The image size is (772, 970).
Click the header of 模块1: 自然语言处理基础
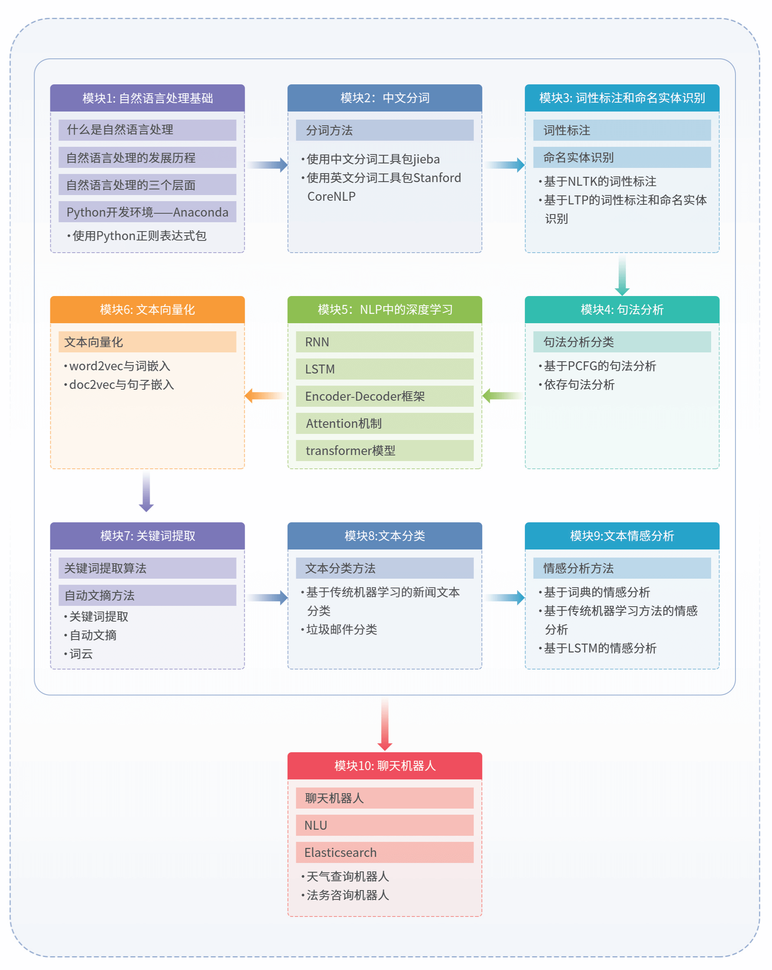[147, 98]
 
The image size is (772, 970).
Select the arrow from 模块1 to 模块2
[267, 165]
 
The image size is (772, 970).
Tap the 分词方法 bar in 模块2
[385, 131]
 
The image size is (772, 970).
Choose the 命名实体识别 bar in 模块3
[621, 157]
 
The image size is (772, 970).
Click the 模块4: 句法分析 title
[621, 309]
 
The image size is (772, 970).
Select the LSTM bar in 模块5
[385, 369]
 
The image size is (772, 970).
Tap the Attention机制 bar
[385, 423]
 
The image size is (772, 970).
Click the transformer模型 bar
[385, 451]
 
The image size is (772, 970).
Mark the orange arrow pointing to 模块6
[265, 396]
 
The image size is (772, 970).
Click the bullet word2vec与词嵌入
[120, 366]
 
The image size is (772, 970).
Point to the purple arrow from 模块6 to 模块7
[146, 492]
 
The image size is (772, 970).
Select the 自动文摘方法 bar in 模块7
[147, 595]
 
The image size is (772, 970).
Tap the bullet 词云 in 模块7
[81, 654]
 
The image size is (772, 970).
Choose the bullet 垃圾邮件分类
[341, 629]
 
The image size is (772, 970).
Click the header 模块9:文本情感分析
[621, 536]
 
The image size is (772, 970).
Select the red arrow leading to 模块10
[385, 724]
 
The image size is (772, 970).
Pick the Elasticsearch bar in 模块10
[385, 852]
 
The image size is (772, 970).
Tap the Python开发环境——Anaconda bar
[147, 212]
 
